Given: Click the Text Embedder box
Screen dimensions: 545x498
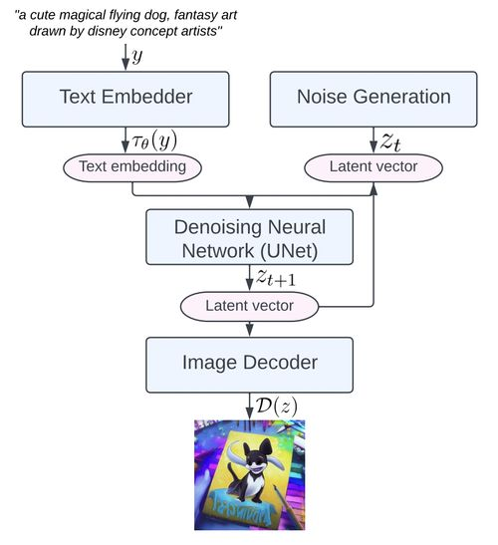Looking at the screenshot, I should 125,97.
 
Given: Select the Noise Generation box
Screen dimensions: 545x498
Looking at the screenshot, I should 373,97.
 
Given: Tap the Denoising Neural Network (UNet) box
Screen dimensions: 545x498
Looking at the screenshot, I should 249,236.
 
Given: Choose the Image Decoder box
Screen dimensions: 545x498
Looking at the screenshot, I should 249,364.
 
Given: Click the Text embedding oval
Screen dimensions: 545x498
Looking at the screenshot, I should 133,165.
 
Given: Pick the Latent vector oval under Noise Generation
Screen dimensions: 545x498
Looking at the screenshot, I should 373,165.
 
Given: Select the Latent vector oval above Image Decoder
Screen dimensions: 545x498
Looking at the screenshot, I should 249,305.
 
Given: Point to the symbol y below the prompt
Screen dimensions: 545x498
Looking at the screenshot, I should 137,56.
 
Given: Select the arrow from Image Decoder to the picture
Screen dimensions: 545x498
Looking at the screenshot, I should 249,405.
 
